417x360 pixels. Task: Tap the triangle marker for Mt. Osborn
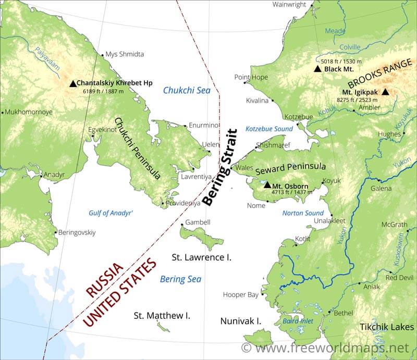pos(267,185)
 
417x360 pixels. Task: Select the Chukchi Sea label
pos(187,90)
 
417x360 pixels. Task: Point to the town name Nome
pos(256,205)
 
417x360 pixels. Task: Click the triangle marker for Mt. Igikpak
pos(385,92)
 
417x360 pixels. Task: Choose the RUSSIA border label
pos(105,279)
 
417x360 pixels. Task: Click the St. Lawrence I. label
pos(201,257)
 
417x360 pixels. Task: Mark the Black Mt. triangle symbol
pos(317,69)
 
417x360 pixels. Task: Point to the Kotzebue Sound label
pos(269,129)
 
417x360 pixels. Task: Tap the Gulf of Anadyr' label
pos(111,213)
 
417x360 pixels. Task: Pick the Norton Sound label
pos(303,213)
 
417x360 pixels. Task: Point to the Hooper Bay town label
pos(240,295)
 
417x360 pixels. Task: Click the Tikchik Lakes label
pos(385,327)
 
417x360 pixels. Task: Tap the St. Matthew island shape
pos(163,327)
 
